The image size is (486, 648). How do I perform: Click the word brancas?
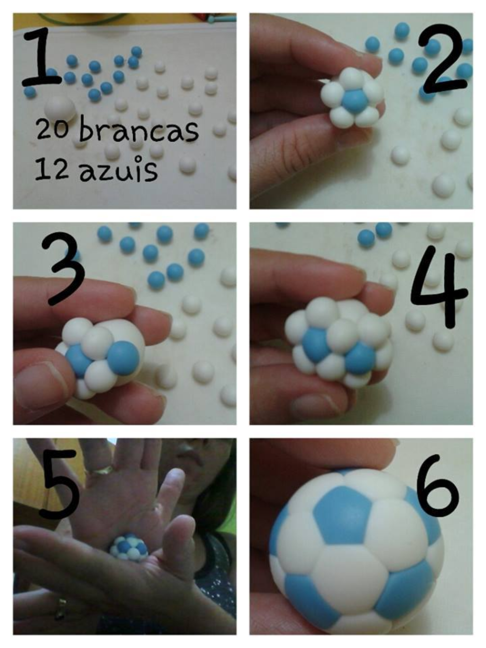pos(139,130)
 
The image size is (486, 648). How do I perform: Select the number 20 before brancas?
pos(52,130)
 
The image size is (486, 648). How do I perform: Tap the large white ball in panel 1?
pos(60,109)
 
